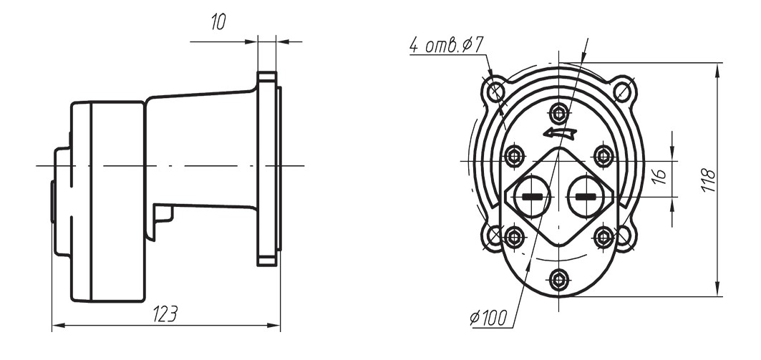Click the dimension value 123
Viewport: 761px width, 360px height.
(x=165, y=314)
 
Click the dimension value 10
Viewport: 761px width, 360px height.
(x=218, y=22)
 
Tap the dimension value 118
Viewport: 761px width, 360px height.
(x=709, y=180)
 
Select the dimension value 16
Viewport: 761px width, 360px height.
(x=659, y=177)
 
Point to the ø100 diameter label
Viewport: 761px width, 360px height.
(x=488, y=318)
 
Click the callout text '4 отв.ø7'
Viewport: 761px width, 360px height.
(x=447, y=45)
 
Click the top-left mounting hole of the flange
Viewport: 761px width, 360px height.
(x=495, y=91)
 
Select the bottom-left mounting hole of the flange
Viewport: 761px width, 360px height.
(x=495, y=236)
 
